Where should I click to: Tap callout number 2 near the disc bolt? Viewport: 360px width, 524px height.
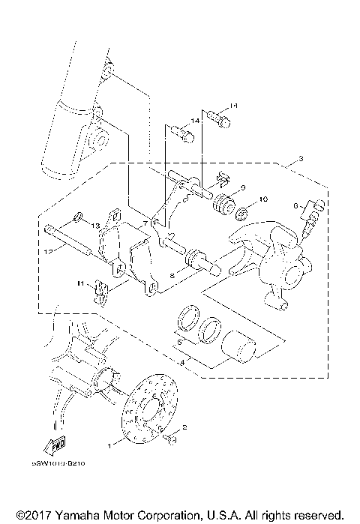(184, 427)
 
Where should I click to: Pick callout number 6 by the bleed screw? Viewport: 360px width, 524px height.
(296, 204)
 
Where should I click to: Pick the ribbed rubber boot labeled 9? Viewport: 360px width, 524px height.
(223, 204)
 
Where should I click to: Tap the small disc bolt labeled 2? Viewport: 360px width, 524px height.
(170, 437)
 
